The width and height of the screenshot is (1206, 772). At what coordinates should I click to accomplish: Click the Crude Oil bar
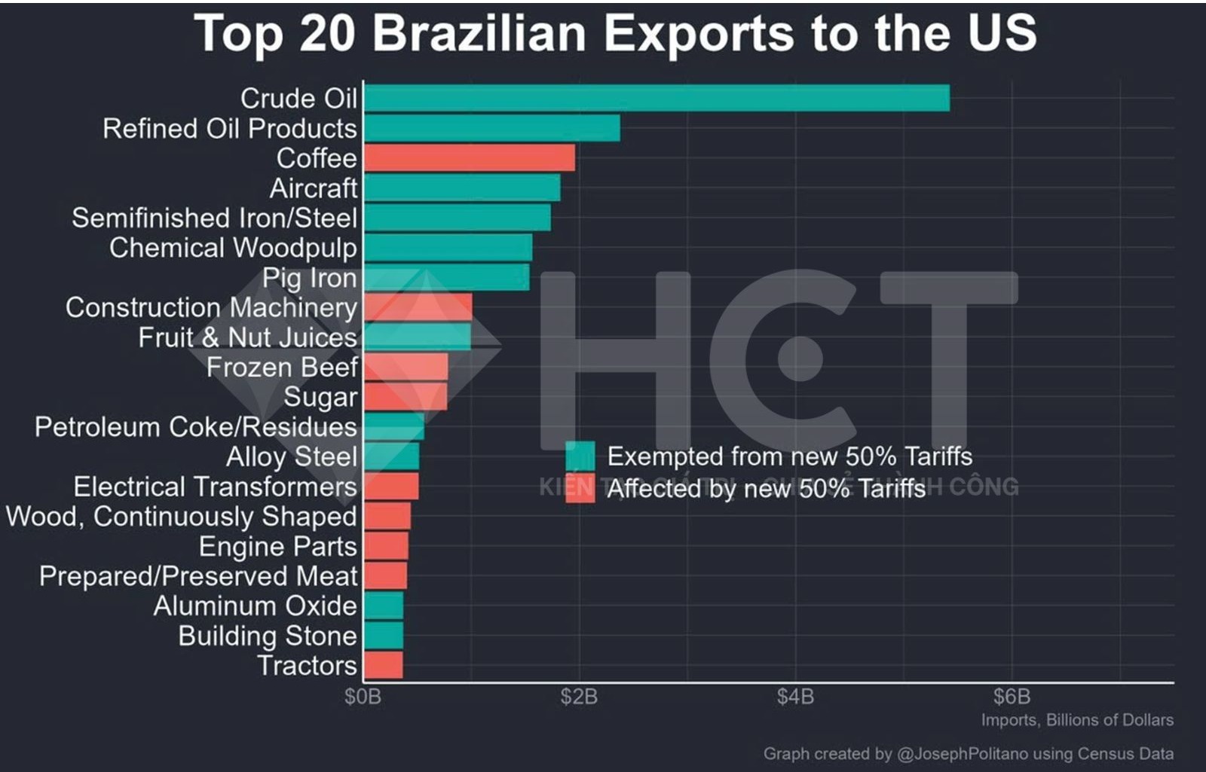[656, 99]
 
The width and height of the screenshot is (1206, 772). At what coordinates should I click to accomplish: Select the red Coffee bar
[469, 158]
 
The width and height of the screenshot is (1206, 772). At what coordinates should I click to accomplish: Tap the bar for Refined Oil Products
[491, 128]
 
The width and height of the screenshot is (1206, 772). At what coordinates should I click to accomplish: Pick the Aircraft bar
[461, 188]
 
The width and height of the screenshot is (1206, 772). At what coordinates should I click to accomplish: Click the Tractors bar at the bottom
[383, 666]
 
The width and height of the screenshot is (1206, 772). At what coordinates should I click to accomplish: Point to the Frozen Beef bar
[406, 368]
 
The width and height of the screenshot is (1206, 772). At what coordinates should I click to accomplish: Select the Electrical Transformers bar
[390, 487]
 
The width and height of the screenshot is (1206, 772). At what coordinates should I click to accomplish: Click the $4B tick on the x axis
[795, 697]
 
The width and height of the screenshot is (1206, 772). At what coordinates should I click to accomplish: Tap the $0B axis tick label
[363, 697]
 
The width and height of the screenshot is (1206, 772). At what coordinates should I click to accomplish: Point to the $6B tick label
[1012, 697]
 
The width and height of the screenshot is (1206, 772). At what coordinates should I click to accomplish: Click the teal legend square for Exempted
[580, 456]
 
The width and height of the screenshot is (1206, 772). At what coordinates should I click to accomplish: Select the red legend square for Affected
[580, 489]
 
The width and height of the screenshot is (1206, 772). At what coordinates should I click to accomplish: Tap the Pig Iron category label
[309, 278]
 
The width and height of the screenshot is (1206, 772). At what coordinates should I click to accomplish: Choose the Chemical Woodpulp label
[233, 248]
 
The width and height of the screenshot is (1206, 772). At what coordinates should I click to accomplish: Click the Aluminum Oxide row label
[255, 606]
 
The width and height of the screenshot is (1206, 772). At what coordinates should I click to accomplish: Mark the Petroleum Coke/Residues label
[195, 427]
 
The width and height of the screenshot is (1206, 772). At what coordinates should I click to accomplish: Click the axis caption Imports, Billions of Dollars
[1076, 720]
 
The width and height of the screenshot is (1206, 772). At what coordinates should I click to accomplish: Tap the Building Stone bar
[383, 636]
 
